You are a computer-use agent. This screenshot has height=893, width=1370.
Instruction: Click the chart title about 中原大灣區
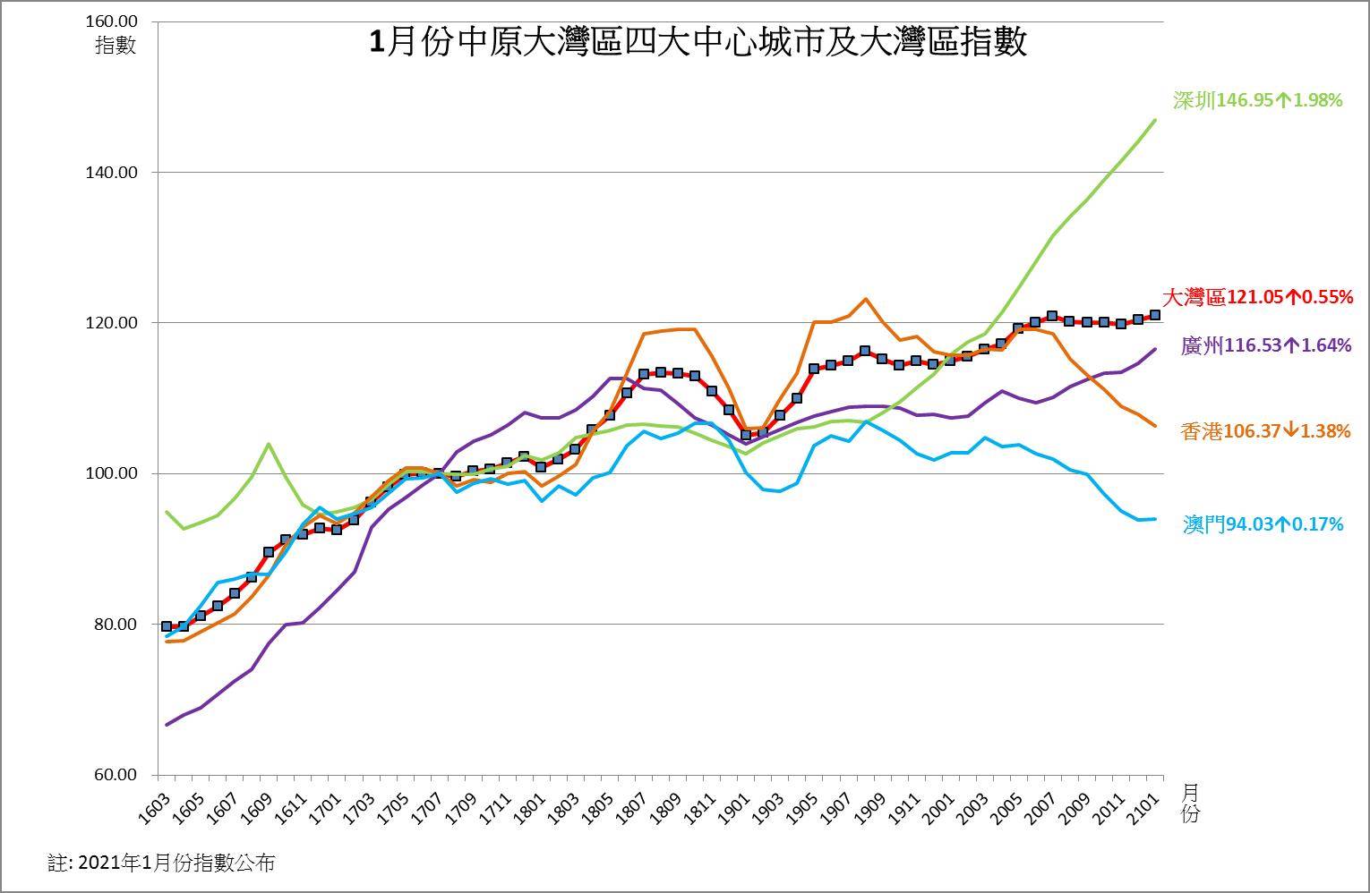pyautogui.click(x=698, y=42)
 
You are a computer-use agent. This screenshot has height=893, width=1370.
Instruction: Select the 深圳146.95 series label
pyautogui.click(x=1257, y=100)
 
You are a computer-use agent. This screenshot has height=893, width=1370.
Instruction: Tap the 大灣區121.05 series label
pyautogui.click(x=1257, y=297)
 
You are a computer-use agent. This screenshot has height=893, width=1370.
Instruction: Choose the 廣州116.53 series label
pyautogui.click(x=1266, y=345)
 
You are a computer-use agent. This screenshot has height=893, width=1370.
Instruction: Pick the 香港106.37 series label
pyautogui.click(x=1265, y=431)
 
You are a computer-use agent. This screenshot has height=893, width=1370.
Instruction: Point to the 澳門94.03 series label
pyautogui.click(x=1263, y=524)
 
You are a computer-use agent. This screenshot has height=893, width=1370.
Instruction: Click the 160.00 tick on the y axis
pyautogui.click(x=115, y=21)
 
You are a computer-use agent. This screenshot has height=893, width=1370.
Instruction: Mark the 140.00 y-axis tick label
pyautogui.click(x=115, y=172)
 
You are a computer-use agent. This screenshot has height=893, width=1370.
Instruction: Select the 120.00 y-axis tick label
pyautogui.click(x=115, y=323)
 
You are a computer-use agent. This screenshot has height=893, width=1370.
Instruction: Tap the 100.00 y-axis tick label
pyautogui.click(x=115, y=473)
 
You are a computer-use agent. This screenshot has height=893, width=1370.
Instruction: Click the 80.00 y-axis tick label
pyautogui.click(x=119, y=625)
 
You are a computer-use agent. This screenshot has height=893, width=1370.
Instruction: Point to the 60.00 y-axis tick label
pyautogui.click(x=119, y=775)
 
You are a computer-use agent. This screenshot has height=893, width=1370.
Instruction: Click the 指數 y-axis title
pyautogui.click(x=115, y=45)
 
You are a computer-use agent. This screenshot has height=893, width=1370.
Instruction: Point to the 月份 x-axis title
pyautogui.click(x=1190, y=803)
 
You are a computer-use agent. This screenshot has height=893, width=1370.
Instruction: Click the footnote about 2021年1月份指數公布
pyautogui.click(x=161, y=863)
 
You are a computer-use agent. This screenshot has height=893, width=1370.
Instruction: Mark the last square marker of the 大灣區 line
pyautogui.click(x=1155, y=315)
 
